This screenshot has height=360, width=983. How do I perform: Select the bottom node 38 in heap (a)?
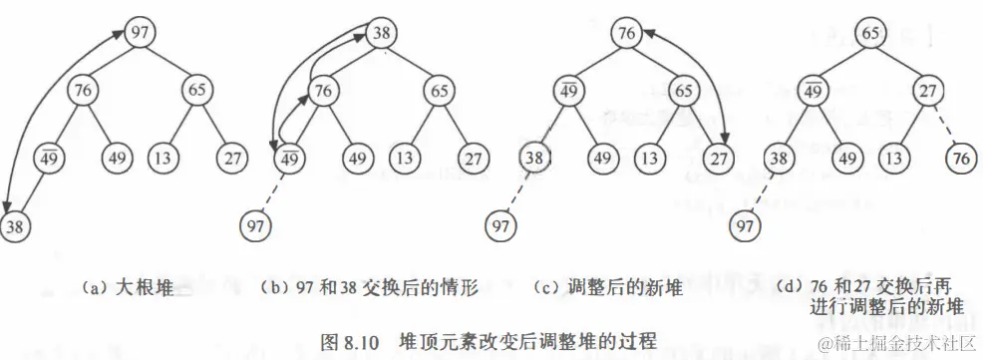15,225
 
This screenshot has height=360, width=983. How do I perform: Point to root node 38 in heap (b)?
380,34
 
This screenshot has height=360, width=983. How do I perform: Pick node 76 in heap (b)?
322,91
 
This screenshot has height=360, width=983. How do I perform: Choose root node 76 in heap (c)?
625,34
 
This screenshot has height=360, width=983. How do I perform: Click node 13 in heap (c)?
649,157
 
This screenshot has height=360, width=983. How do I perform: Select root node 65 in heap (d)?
871,34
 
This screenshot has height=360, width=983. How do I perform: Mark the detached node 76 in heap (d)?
961,157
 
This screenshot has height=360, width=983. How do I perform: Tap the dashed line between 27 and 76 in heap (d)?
944,126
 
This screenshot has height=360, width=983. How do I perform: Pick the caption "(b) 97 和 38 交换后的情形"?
369,288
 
